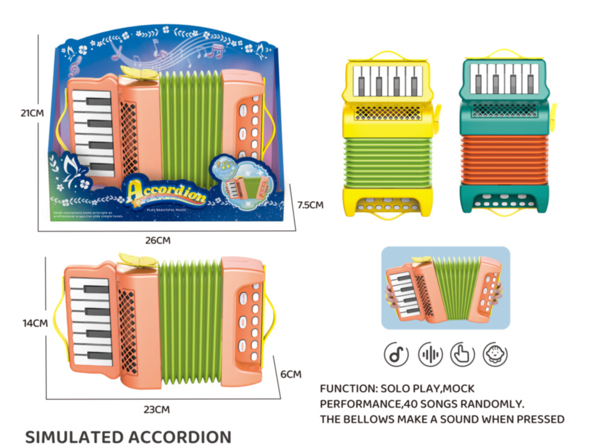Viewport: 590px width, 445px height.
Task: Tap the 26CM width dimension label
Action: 158,241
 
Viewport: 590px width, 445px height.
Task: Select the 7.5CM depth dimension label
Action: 310,205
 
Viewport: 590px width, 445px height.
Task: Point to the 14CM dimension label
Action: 35,323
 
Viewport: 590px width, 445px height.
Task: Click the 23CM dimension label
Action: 157,409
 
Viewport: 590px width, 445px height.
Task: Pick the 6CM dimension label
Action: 291,374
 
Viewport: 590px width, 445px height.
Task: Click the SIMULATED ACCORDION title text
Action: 128,437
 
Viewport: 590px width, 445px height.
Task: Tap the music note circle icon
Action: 396,355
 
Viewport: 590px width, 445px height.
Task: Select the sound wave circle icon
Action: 430,355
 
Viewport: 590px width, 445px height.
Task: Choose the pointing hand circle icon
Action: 463,355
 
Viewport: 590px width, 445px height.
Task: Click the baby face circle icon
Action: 495,355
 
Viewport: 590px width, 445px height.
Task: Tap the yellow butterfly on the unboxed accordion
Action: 138,260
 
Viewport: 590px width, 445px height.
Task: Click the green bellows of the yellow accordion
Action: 380,161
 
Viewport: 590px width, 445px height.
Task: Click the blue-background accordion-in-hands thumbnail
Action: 445,288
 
